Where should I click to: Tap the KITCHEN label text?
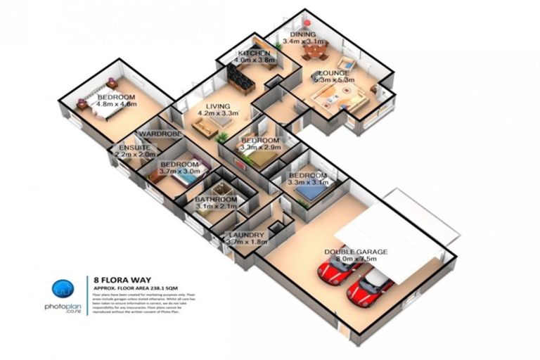click(254, 54)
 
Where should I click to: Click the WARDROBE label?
click(161, 134)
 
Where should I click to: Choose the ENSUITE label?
click(134, 147)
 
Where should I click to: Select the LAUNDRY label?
click(246, 235)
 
